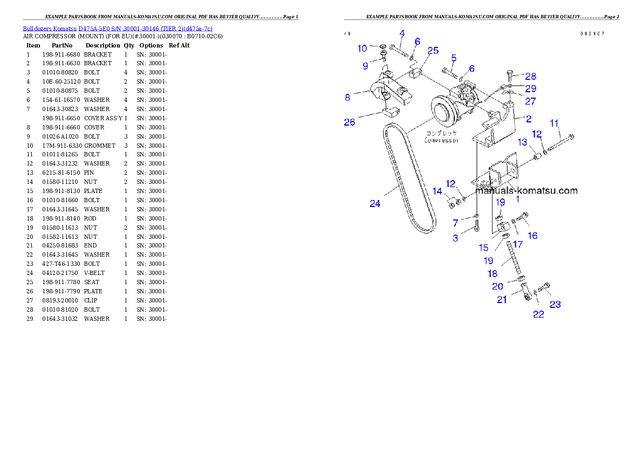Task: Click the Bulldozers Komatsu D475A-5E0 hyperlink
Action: coord(118,28)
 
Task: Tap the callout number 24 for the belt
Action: coord(375,203)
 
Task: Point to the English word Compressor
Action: coord(441,140)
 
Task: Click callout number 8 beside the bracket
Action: coord(348,98)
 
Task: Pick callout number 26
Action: coord(350,122)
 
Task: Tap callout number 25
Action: coord(433,51)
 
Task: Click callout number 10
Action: coord(362,49)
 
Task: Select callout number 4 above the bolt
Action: coord(402,33)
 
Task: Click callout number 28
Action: coord(531,77)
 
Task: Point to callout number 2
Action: coord(529,118)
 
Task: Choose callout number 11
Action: coord(554,123)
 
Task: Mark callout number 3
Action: coord(455,238)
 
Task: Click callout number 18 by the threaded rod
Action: coord(493,273)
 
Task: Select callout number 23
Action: coord(555,305)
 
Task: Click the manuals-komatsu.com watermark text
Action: coord(526,190)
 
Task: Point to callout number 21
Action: coord(502,300)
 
